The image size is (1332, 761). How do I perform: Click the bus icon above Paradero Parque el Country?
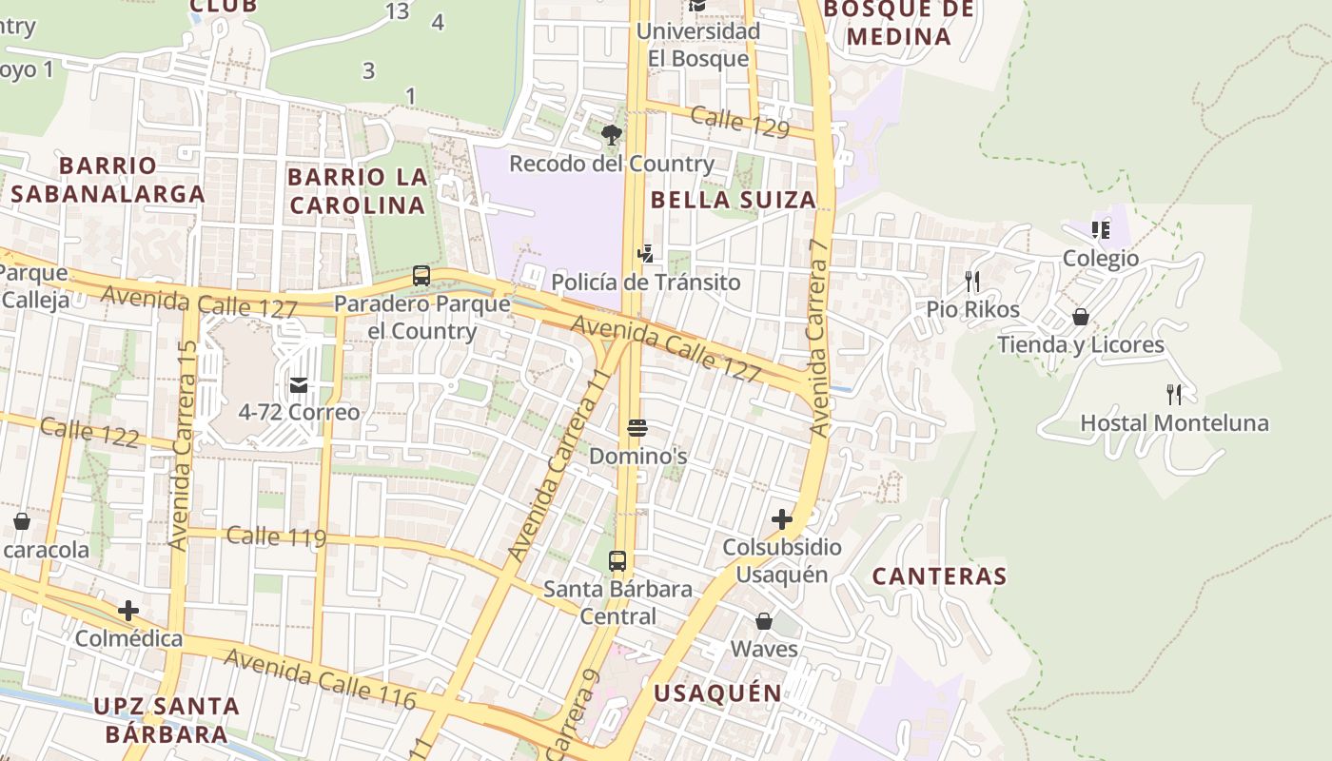tap(421, 276)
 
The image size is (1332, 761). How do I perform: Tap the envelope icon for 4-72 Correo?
tap(299, 384)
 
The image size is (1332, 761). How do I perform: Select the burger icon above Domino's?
tap(637, 428)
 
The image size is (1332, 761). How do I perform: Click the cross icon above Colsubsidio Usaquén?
tap(782, 519)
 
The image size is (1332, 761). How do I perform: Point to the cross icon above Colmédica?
tap(128, 610)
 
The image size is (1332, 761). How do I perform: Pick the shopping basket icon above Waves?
tap(764, 621)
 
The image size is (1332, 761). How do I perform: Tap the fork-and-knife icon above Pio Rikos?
tap(972, 281)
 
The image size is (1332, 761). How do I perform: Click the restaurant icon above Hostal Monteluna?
tap(1174, 394)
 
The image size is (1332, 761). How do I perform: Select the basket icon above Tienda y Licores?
tap(1081, 316)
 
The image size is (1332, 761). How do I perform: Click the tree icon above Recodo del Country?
tap(612, 135)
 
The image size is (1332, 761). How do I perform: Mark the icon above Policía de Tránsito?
tap(646, 253)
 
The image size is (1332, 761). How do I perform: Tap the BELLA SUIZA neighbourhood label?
tap(734, 200)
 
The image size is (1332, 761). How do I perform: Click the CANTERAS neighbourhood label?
tap(939, 576)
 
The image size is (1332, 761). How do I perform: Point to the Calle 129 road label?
tap(739, 122)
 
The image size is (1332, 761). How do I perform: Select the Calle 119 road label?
tap(276, 537)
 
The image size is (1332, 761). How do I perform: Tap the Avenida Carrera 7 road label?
tap(819, 338)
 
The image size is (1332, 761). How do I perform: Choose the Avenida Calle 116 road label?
tap(320, 679)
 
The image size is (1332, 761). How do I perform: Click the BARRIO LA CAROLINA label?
tap(357, 191)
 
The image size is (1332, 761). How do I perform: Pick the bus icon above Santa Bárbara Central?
tap(617, 561)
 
